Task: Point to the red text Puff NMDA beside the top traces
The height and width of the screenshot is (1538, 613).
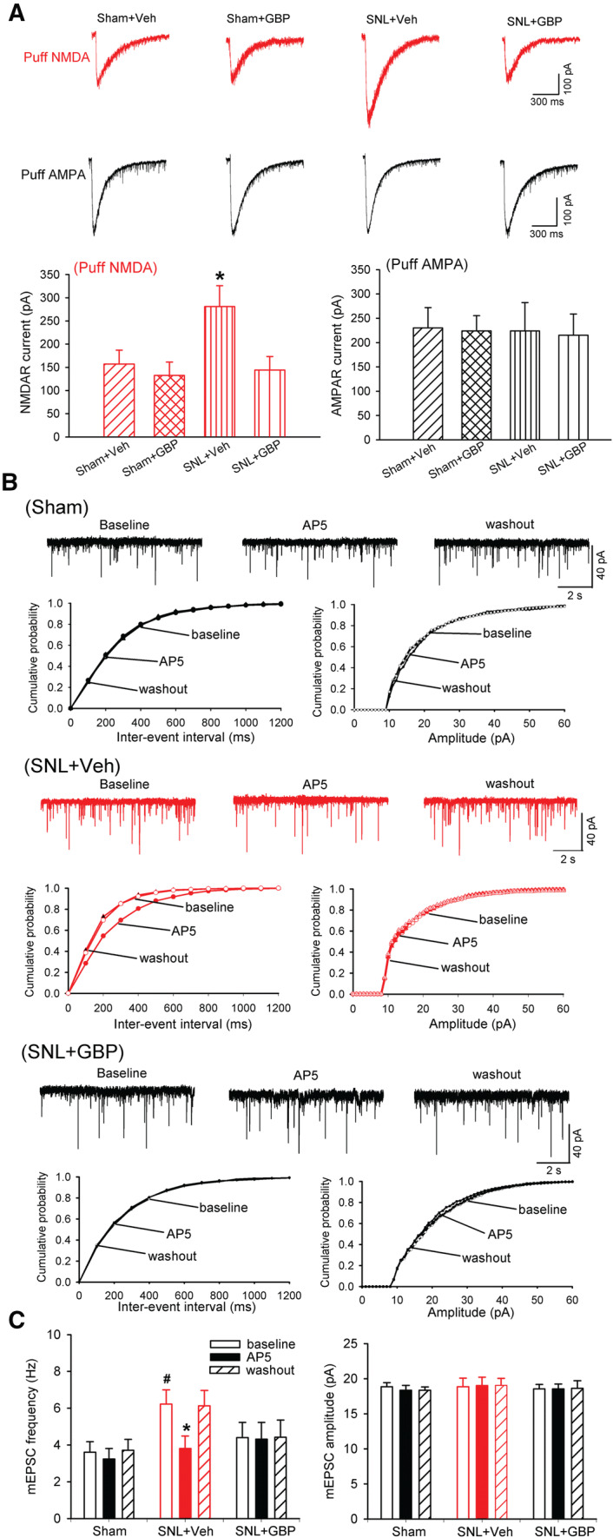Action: [51, 58]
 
